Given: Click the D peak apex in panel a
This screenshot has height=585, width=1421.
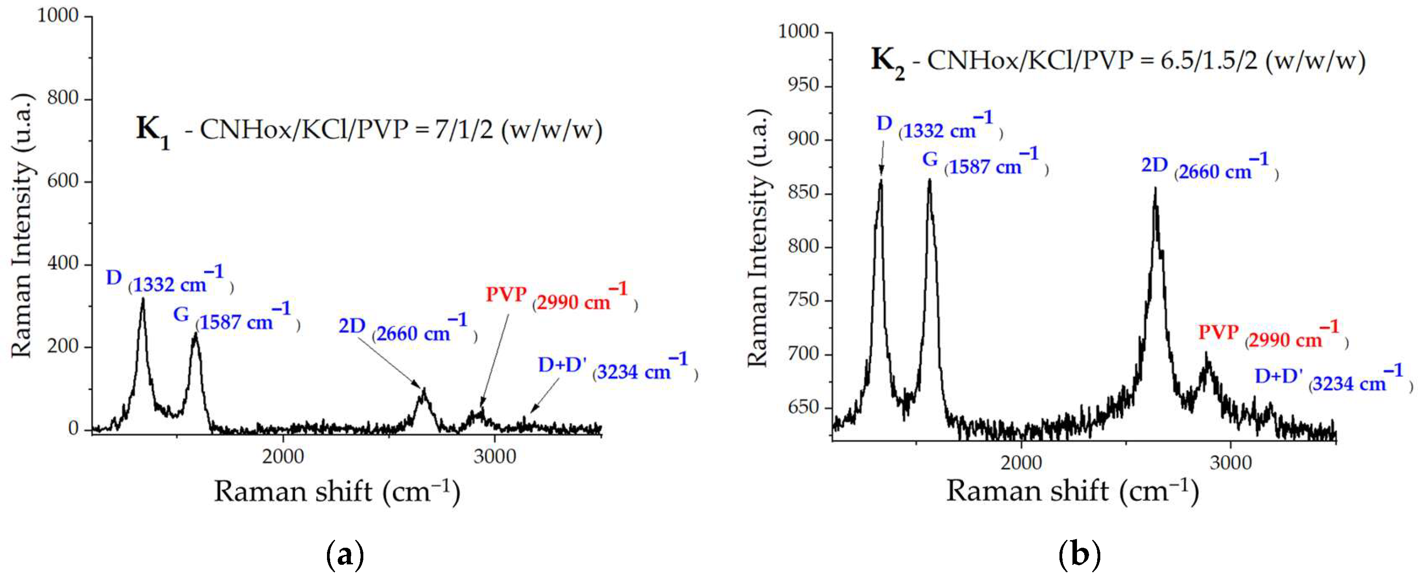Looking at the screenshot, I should pos(143,299).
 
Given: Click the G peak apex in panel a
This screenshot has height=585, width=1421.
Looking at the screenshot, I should pos(195,334).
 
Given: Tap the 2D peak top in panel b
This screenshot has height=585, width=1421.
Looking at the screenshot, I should pos(1155,190).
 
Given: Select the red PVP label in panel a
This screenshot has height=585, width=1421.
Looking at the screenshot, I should pos(506,295).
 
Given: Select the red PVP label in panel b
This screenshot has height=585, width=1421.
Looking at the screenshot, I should pos(1219,333).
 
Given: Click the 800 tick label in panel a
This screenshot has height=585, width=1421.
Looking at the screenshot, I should pos(62,99).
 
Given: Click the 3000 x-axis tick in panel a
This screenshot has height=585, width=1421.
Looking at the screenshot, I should pos(494,457).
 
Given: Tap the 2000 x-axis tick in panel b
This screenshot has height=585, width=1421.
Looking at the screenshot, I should pos(1022,462).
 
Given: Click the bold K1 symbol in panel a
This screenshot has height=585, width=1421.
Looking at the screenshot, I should pos(152,131).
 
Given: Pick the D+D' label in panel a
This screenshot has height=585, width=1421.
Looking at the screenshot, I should pos(562,365).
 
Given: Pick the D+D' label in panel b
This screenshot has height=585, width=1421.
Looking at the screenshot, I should pos(1279,377).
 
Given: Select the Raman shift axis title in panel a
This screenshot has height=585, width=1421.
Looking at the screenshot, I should pos(336,491).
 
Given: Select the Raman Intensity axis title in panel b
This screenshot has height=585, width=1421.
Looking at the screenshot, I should pos(758,238).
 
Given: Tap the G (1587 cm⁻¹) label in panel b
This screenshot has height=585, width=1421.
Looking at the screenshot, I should pos(982,162).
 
